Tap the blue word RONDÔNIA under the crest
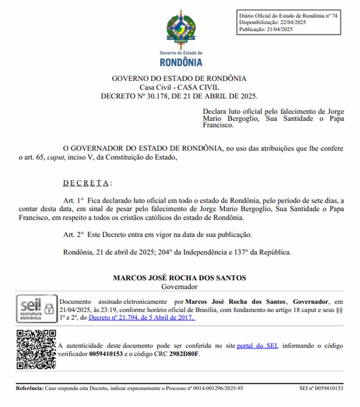point(181,62)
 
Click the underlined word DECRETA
point(86,183)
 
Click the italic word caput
point(55,158)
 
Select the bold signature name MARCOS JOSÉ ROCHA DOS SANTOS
point(180,278)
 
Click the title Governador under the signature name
point(180,287)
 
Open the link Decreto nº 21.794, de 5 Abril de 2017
point(142,317)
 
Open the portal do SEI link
point(257,345)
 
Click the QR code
point(36,349)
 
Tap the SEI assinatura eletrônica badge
point(36,309)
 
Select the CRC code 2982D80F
point(184,354)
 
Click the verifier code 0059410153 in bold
point(106,354)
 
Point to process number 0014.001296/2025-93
point(218,388)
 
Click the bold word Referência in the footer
point(30,388)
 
